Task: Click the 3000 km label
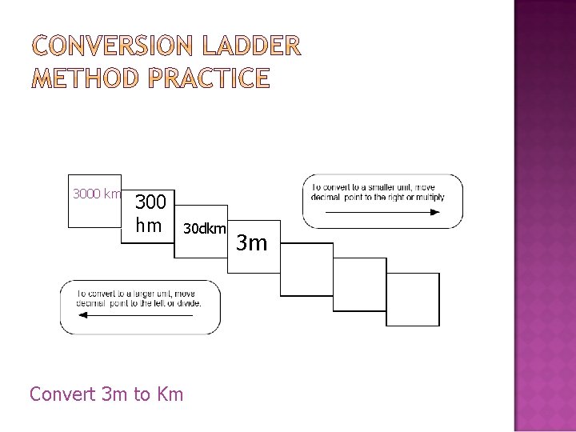[96, 194]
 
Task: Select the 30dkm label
[206, 229]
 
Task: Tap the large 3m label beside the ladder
[252, 242]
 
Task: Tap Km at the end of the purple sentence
[170, 394]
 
